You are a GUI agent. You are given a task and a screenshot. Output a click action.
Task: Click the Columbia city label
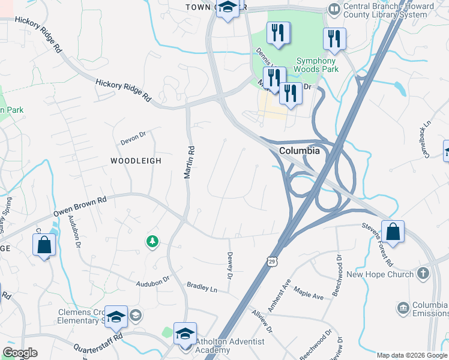click(x=298, y=151)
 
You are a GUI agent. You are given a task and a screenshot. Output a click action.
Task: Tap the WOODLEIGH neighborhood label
click(x=136, y=161)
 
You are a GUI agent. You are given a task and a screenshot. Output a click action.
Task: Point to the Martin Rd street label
click(x=188, y=163)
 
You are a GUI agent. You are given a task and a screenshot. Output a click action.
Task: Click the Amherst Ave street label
click(x=279, y=295)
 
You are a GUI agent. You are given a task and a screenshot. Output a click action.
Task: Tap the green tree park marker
click(x=152, y=241)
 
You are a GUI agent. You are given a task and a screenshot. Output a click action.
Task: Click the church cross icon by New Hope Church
click(x=423, y=274)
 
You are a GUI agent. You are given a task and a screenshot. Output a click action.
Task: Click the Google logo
click(x=20, y=353)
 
